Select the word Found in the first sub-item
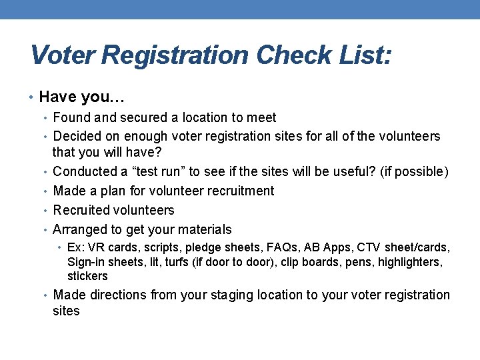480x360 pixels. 73,118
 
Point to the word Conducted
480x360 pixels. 87,172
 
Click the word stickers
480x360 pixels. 87,276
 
